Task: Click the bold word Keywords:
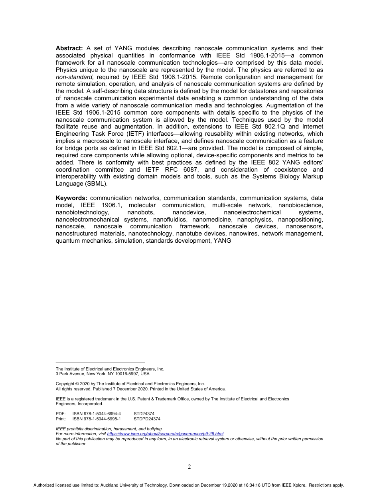[x=71, y=198]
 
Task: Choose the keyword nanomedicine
[x=213, y=220]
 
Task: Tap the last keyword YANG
[x=223, y=241]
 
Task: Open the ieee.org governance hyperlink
[x=165, y=434]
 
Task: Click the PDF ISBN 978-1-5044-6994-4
[x=97, y=414]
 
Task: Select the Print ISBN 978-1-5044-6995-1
[x=97, y=419]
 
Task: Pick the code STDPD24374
[x=147, y=419]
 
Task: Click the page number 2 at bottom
[x=189, y=467]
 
